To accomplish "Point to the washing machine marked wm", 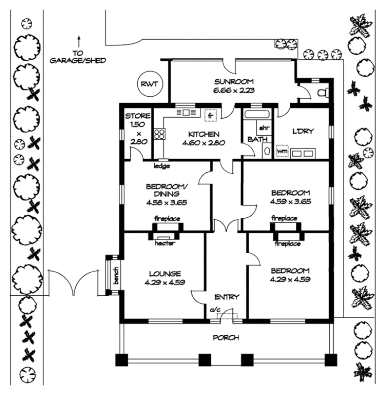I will tap(282, 151).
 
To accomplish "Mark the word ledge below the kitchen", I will tap(161, 166).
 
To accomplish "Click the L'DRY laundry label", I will tap(304, 131).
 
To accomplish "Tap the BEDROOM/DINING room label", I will tap(166, 190).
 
